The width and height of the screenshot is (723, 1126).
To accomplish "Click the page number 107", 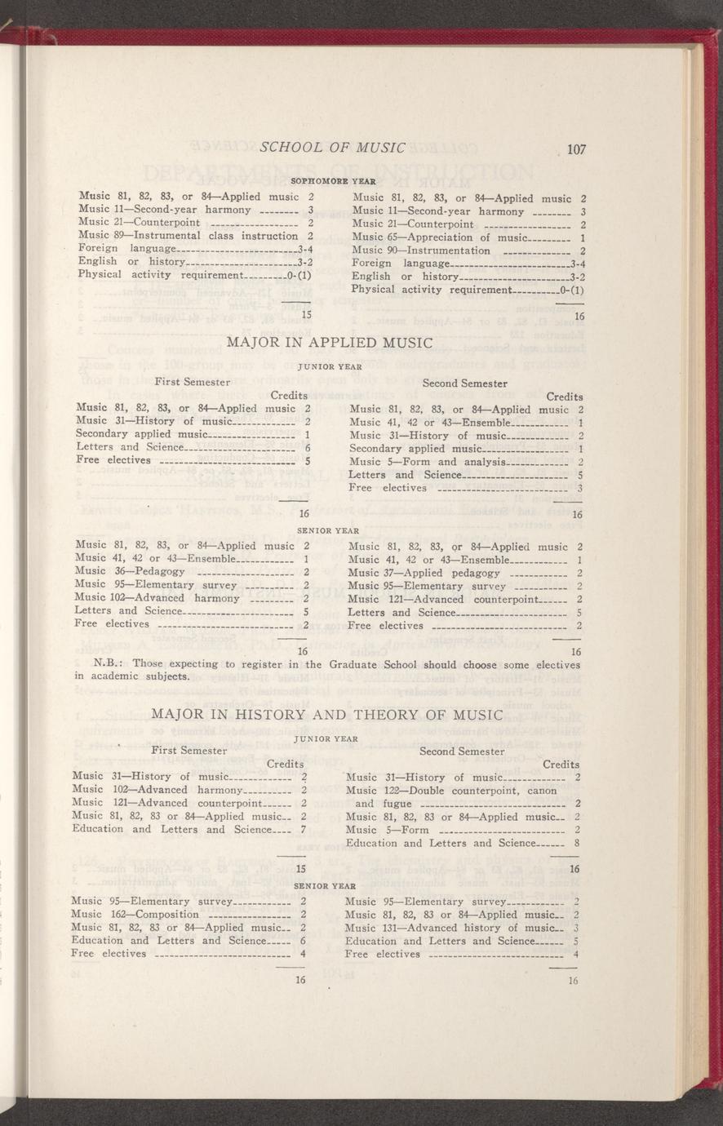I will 577,149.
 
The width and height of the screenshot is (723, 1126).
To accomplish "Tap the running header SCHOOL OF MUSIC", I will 332,148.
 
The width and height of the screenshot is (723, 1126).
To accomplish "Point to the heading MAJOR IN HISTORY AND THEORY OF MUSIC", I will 326,716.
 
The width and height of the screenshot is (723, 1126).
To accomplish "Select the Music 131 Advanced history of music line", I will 462,928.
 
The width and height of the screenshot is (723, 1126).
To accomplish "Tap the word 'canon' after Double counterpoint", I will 541,791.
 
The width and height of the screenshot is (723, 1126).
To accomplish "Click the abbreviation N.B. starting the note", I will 109,664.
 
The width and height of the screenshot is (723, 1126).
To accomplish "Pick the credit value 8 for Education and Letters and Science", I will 576,843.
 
